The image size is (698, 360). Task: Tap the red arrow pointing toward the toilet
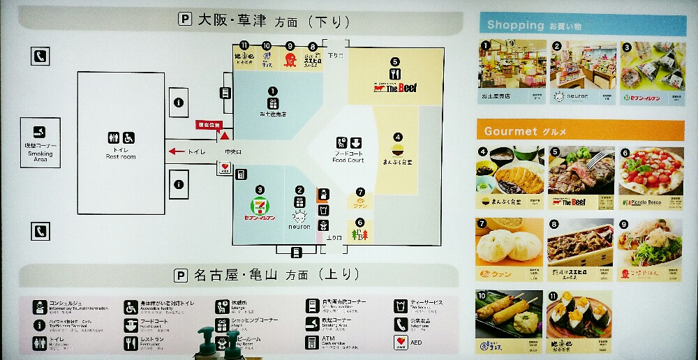pos(177,151)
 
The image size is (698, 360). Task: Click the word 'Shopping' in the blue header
pos(515,25)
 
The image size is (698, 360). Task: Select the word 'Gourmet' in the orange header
pos(510,131)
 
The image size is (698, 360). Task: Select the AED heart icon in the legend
pos(400,342)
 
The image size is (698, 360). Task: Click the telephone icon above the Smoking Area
pos(40,56)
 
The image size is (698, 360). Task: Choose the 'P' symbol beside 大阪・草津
pos(185,20)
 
